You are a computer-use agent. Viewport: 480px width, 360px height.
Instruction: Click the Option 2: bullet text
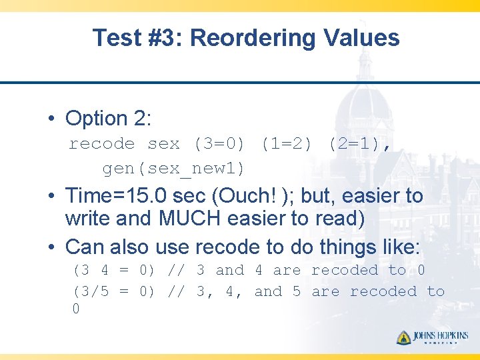109,119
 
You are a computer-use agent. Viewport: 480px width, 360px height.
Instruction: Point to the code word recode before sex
102,143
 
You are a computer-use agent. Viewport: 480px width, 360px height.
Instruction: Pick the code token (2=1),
359,143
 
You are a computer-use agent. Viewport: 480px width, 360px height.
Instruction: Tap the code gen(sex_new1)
173,169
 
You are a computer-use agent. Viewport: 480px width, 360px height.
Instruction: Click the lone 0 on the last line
75,309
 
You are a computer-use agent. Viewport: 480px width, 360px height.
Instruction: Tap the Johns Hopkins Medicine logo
432,337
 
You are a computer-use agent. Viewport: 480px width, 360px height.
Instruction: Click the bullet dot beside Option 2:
51,119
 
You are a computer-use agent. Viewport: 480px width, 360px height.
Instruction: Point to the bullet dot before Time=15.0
51,197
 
